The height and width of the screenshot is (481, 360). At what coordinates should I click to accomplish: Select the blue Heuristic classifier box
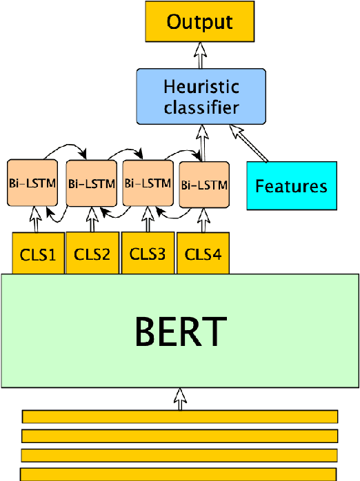click(x=201, y=97)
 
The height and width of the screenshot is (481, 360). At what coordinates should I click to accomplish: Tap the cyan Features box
click(x=292, y=185)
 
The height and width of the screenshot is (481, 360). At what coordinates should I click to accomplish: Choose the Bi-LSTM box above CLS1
click(x=32, y=183)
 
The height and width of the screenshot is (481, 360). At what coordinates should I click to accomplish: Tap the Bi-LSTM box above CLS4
click(x=203, y=185)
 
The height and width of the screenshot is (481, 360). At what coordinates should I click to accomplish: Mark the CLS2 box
click(x=92, y=254)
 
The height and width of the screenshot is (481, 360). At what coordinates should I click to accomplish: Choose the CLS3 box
click(x=148, y=254)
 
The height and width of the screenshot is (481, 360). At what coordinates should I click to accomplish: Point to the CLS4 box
click(x=203, y=254)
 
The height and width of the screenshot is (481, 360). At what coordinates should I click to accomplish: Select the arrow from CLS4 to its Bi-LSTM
click(x=203, y=219)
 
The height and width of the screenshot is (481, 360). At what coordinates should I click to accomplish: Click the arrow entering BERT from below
click(x=180, y=398)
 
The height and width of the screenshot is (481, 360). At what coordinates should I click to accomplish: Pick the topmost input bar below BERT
click(x=180, y=416)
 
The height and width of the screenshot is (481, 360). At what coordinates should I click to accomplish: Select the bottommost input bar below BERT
click(x=179, y=473)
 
